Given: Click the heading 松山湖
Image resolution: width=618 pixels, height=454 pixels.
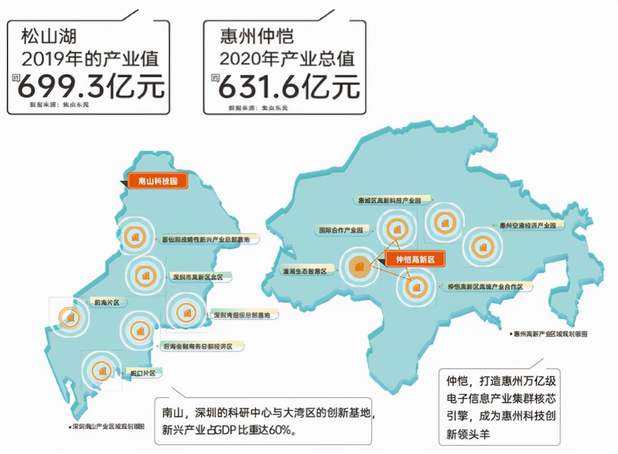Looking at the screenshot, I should coord(48,36).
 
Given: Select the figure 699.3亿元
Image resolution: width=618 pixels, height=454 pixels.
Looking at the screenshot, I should coord(91,86).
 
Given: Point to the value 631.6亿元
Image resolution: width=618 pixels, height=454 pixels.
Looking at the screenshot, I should coord(289,86).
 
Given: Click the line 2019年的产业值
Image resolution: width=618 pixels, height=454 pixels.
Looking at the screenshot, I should coord(90,59).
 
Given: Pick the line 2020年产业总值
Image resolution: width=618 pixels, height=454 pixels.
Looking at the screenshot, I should coord(287,59).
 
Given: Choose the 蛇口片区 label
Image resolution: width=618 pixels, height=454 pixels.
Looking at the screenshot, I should coord(143,373).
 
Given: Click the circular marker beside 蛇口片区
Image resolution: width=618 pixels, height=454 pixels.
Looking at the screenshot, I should coord(101,370).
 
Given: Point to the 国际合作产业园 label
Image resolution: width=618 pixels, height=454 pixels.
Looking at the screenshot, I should coord(341,230).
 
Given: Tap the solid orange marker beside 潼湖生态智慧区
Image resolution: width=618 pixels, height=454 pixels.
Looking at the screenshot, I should coord(359,266).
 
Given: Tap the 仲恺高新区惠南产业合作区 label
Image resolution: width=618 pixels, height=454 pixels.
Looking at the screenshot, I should coord(489,287).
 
